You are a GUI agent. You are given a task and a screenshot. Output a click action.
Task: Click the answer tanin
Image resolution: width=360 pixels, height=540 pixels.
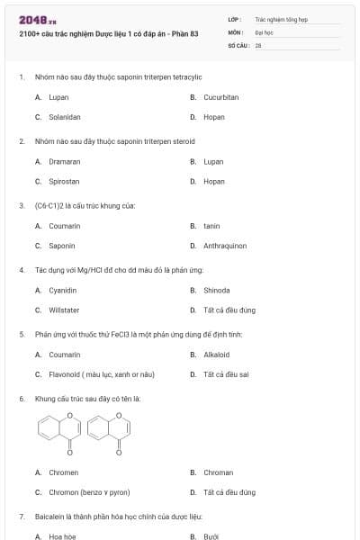point(211,226)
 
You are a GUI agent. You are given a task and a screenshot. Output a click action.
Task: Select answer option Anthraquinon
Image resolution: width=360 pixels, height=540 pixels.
point(224,246)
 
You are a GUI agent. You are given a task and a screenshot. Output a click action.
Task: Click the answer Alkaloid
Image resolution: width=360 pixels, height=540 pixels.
point(216,355)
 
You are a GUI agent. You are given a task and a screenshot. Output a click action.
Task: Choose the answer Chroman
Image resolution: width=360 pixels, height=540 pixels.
point(218,472)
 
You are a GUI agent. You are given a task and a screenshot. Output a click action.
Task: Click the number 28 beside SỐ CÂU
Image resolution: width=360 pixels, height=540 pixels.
point(258,44)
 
